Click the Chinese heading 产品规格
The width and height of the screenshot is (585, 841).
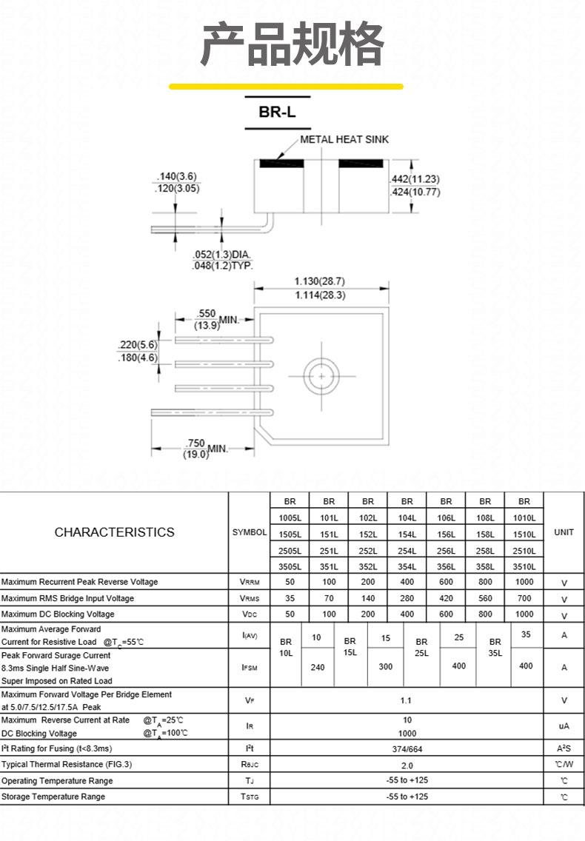(x=292, y=44)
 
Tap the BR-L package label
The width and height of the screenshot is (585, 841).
(x=277, y=112)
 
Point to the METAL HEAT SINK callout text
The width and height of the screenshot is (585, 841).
(x=344, y=139)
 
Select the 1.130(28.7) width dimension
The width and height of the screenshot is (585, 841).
(x=320, y=281)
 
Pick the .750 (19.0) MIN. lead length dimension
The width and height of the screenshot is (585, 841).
(x=206, y=449)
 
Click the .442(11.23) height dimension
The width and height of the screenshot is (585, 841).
(x=415, y=179)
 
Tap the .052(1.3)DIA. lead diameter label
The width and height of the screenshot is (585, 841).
(x=222, y=254)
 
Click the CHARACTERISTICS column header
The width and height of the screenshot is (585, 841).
(x=114, y=532)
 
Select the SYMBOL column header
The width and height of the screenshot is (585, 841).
(x=250, y=532)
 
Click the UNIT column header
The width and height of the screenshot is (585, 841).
(x=564, y=532)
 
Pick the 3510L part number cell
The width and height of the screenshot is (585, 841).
(x=524, y=566)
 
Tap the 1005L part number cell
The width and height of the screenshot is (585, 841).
(x=290, y=517)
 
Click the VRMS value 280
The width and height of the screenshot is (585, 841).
(x=407, y=598)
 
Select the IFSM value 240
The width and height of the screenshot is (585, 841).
(x=317, y=667)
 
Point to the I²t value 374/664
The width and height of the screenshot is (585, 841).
(x=407, y=748)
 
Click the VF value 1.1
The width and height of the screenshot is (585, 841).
(x=406, y=700)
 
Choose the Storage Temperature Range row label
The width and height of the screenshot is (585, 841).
(x=53, y=797)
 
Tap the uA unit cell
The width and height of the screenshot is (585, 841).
(x=564, y=726)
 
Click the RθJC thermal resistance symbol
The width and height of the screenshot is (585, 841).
(x=250, y=764)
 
